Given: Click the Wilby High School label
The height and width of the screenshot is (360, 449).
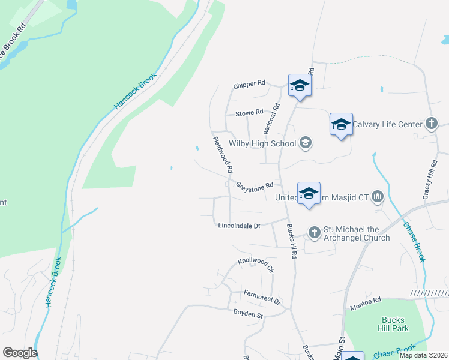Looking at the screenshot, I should [262, 143].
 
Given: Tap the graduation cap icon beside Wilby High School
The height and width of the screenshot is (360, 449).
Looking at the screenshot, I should [306, 143].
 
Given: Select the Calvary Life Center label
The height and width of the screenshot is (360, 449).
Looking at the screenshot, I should [387, 125].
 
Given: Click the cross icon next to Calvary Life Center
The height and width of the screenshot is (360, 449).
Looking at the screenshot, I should [430, 124].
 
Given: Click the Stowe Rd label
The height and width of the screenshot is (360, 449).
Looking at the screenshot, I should [249, 112].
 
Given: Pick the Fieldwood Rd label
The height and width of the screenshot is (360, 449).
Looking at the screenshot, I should [222, 155].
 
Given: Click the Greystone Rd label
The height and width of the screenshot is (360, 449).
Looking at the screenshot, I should [255, 186].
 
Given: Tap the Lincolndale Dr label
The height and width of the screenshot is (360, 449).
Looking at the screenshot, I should [239, 226].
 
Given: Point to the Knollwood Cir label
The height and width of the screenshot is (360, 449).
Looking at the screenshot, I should [256, 264].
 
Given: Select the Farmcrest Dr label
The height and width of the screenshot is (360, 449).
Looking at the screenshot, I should [262, 296].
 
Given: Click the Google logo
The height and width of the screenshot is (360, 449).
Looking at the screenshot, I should [19, 353].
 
